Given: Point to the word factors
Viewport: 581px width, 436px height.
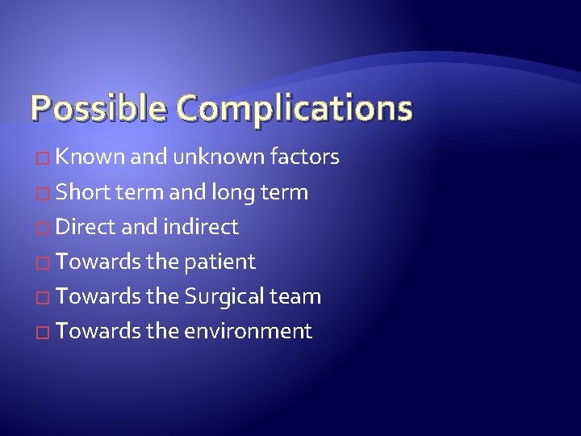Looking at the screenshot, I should click(304, 157).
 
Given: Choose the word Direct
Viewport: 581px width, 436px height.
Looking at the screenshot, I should click(87, 227).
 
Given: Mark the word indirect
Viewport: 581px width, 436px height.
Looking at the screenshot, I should click(201, 227).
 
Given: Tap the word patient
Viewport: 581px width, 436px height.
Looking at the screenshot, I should click(220, 262).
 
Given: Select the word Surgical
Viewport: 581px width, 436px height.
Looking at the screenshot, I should click(224, 296).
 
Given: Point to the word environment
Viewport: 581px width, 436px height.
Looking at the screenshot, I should click(248, 331).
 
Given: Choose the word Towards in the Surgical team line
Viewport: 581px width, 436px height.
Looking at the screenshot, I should click(98, 296).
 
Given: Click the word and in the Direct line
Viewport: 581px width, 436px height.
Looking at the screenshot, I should click(138, 227).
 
